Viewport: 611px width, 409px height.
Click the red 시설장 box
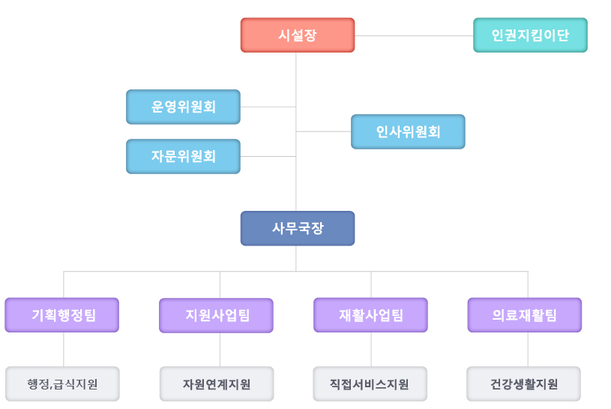click(x=298, y=35)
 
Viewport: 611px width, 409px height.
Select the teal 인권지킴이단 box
click(x=530, y=35)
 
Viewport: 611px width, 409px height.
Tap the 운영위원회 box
click(x=183, y=107)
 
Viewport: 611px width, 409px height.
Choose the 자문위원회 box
click(x=183, y=156)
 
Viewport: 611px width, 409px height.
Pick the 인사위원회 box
click(x=408, y=132)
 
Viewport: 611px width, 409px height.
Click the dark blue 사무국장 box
click(x=298, y=228)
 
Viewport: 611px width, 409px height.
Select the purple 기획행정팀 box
click(x=62, y=315)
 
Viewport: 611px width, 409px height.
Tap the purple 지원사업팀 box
click(x=216, y=315)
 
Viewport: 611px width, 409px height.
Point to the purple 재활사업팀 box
click(x=370, y=315)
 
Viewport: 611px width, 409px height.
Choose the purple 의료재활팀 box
click(x=525, y=315)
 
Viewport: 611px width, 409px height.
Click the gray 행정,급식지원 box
click(x=62, y=384)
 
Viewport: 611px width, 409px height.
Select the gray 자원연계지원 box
click(x=217, y=384)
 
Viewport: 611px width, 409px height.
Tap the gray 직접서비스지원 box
click(x=370, y=384)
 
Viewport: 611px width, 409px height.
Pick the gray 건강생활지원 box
click(x=524, y=384)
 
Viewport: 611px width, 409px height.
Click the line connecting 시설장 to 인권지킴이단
click(x=414, y=35)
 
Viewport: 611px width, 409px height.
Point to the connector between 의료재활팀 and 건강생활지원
click(x=528, y=350)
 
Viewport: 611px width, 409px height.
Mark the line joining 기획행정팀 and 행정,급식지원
click(x=64, y=350)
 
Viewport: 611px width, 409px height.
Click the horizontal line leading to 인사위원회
click(x=323, y=132)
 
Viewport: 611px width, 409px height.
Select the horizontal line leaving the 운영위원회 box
click(x=268, y=107)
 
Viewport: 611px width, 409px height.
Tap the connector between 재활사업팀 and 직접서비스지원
click(x=371, y=350)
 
